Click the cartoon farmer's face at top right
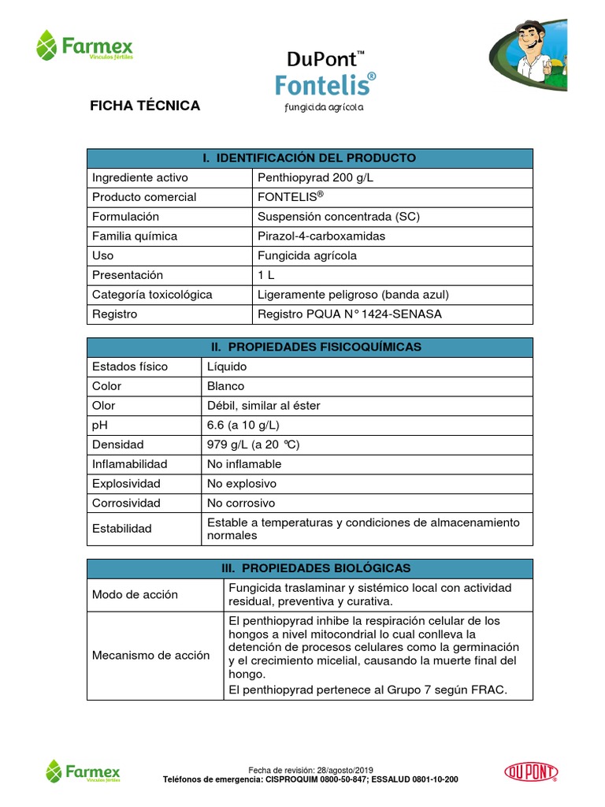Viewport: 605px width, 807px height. (526, 35)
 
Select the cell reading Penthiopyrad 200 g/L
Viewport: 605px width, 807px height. (315, 177)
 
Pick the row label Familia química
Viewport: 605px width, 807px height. (135, 236)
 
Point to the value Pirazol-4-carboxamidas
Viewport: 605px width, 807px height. (321, 236)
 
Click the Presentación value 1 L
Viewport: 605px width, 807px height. (265, 275)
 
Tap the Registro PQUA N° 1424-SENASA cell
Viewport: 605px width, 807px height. (350, 314)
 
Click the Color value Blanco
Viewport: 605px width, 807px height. (225, 386)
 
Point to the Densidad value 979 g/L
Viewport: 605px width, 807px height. (253, 444)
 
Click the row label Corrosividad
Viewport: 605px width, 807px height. (126, 503)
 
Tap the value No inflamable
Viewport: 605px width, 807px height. (243, 464)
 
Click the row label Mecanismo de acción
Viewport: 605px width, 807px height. (151, 655)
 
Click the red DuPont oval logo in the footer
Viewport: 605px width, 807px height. (529, 771)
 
